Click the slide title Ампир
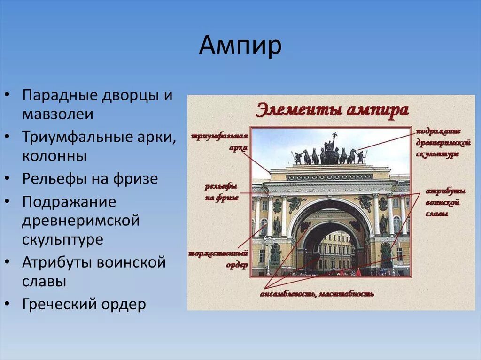click(x=240, y=46)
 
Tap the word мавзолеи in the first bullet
click(x=58, y=114)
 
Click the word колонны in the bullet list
click(x=54, y=156)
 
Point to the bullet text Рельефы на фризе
click(x=90, y=179)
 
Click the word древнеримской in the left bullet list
click(x=81, y=221)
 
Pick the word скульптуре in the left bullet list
click(x=62, y=239)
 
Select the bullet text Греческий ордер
click(x=84, y=304)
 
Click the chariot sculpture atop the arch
click(x=330, y=152)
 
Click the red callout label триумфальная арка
click(x=220, y=142)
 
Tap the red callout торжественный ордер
click(x=218, y=258)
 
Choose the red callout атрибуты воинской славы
click(x=445, y=202)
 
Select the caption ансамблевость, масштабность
click(x=317, y=294)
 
